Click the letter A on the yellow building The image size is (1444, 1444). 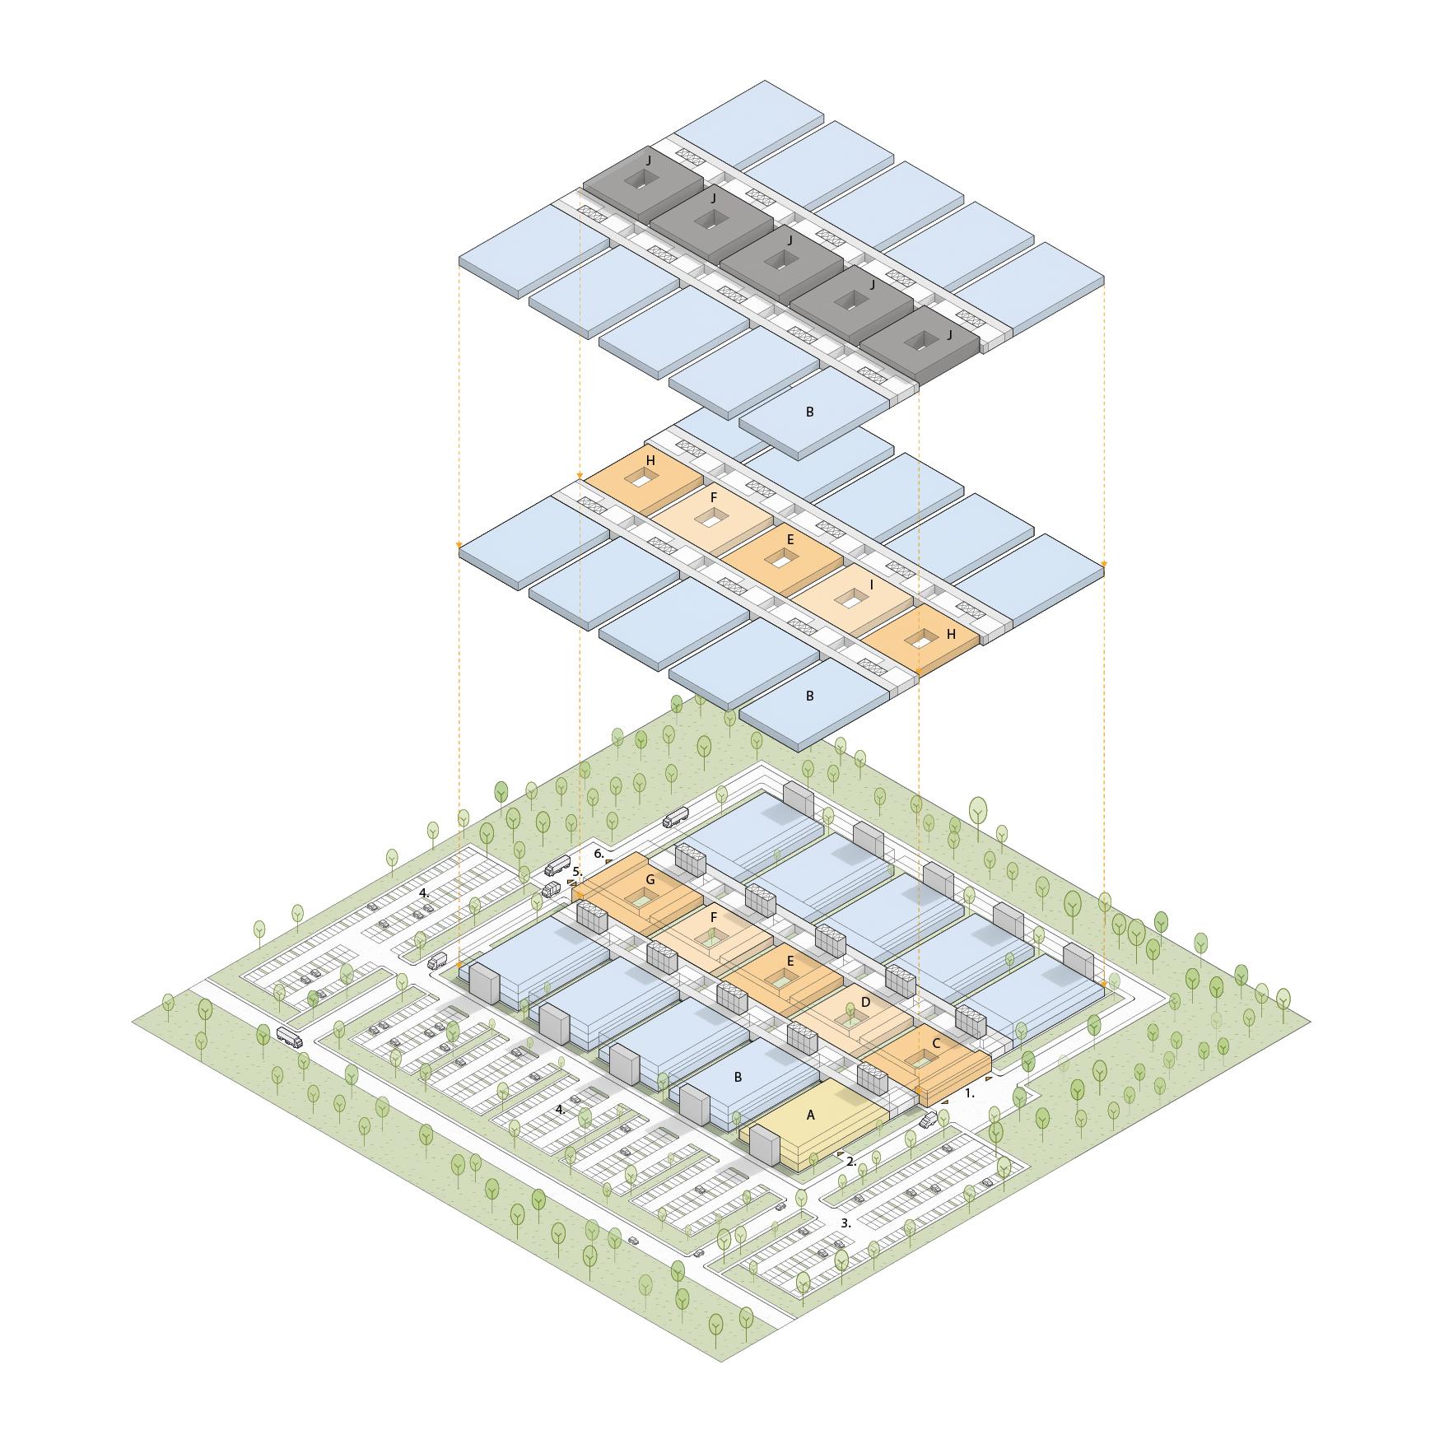pos(810,1115)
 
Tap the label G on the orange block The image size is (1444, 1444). pos(650,880)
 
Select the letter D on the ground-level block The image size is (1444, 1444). pos(865,1002)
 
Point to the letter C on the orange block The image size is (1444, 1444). pos(936,1043)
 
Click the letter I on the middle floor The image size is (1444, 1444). pos(872,585)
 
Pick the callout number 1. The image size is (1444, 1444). pos(970,1094)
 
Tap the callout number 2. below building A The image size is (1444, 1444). pos(851,1161)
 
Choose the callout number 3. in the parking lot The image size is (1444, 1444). pos(845,1223)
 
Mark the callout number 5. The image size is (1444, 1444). pos(577,871)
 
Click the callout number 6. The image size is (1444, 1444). pos(599,853)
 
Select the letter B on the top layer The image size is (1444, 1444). pos(809,412)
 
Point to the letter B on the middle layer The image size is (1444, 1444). pos(809,696)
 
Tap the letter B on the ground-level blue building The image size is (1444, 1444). pos(738,1076)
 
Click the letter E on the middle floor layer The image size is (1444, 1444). pos(790,540)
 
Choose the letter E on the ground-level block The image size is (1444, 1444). pos(790,961)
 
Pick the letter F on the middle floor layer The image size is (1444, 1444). pos(714,498)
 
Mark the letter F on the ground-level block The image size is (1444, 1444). pos(714,916)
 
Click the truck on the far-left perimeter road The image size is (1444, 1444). pos(289,1036)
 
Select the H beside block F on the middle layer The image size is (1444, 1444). pos(650,461)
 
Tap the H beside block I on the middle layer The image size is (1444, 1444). pos(951,635)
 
